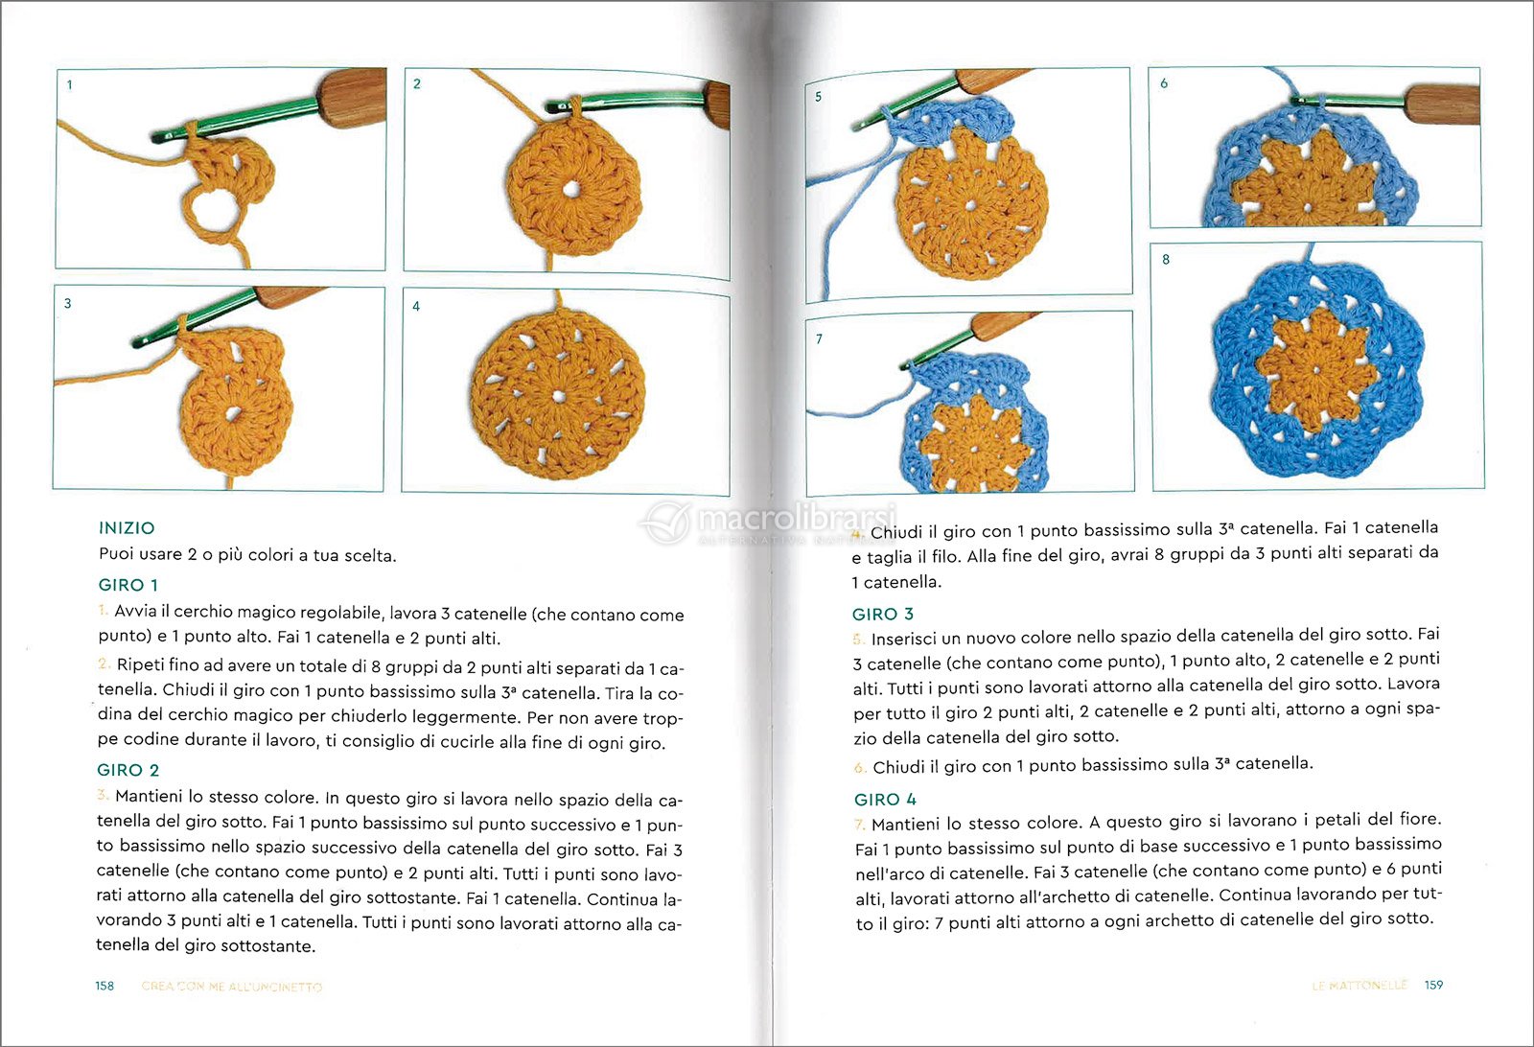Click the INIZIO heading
(127, 528)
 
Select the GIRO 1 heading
(128, 585)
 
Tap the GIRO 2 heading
(128, 770)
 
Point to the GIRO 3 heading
(882, 614)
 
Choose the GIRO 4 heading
(885, 800)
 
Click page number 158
(105, 986)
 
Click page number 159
(1433, 985)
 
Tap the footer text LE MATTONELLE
(1359, 985)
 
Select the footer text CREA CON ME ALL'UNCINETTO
(232, 986)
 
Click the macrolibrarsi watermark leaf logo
(667, 523)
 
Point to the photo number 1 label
(69, 85)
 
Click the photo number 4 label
(416, 307)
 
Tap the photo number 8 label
(1166, 260)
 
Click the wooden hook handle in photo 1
(352, 96)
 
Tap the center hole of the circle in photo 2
(572, 189)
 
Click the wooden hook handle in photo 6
(1442, 104)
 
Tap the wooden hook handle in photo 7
(1002, 326)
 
